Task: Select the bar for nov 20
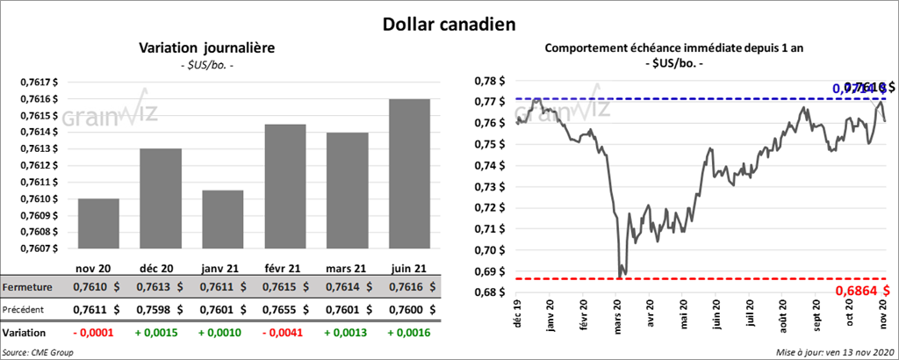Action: click(98, 224)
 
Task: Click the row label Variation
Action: click(25, 334)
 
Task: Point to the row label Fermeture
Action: click(26, 287)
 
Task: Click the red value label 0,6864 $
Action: click(863, 290)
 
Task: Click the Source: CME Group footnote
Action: click(38, 352)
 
